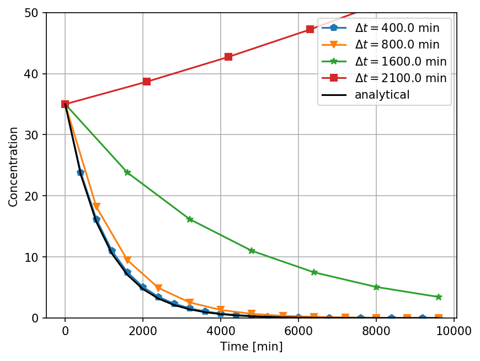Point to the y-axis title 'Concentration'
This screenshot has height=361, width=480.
(x=13, y=166)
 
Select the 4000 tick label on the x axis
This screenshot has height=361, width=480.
(x=221, y=331)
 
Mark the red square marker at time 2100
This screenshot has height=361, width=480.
(x=147, y=81)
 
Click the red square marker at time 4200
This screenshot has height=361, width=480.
(x=228, y=57)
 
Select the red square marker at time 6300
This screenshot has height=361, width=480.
(x=310, y=29)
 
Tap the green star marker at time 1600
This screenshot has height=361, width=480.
(x=127, y=172)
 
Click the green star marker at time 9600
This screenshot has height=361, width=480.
(x=439, y=297)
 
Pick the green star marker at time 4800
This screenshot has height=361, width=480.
(x=252, y=251)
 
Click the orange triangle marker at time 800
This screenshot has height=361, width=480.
(x=97, y=207)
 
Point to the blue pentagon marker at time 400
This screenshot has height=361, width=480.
(x=81, y=173)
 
